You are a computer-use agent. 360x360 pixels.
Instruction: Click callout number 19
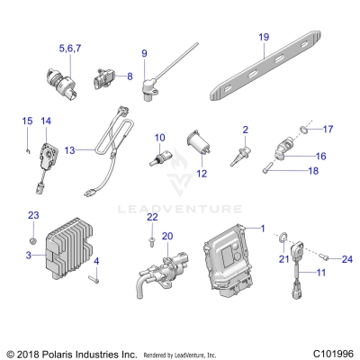(264, 37)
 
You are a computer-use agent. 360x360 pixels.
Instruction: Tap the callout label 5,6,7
(70, 49)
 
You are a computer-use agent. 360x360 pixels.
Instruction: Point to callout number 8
(130, 76)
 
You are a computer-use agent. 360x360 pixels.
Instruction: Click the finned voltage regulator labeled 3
(69, 248)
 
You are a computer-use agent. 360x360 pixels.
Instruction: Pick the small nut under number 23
(33, 240)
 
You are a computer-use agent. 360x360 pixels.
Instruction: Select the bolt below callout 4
(94, 279)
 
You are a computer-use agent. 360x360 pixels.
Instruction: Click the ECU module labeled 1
(228, 260)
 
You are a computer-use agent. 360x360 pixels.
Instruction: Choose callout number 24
(347, 258)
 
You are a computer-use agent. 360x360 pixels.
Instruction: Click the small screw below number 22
(152, 242)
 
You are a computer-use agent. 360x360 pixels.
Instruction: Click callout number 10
(160, 138)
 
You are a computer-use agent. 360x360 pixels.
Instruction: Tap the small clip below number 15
(27, 151)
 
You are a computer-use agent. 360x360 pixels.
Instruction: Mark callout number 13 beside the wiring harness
(69, 150)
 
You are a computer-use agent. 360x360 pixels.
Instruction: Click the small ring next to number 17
(304, 130)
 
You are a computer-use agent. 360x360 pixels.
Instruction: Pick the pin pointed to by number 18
(266, 167)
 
